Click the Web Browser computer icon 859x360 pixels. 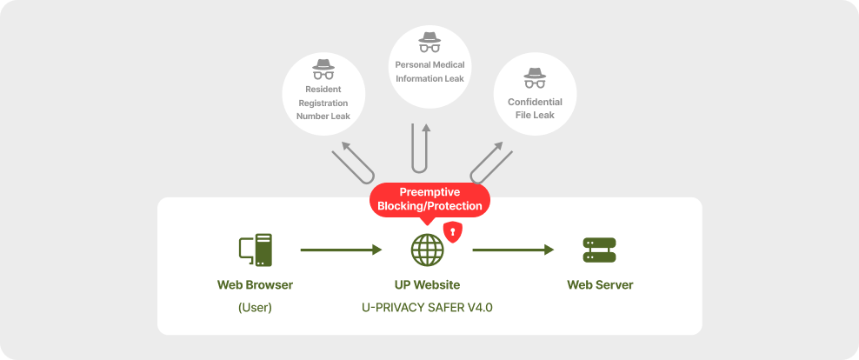click(x=255, y=250)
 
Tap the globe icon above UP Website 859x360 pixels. click(x=427, y=250)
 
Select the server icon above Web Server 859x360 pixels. click(x=599, y=250)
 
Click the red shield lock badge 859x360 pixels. click(x=452, y=231)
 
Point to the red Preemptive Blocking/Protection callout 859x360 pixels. click(x=430, y=199)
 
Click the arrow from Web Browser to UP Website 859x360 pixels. click(x=341, y=250)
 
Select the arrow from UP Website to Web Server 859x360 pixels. click(x=513, y=250)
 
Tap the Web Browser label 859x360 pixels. click(x=255, y=285)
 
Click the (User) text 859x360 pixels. click(x=255, y=307)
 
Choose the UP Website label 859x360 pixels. click(x=427, y=285)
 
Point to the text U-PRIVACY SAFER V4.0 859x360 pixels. click(x=427, y=307)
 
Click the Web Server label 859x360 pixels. click(x=600, y=285)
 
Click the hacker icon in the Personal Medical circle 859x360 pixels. click(x=429, y=43)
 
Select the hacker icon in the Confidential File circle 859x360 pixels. click(x=535, y=79)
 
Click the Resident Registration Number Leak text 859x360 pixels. click(x=323, y=102)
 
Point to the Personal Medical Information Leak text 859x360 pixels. click(x=429, y=71)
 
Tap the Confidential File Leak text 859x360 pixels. click(x=535, y=108)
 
